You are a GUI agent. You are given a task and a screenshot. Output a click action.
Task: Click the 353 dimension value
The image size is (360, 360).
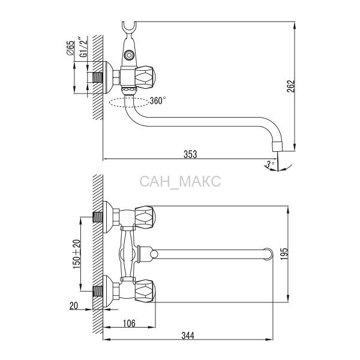[190, 154]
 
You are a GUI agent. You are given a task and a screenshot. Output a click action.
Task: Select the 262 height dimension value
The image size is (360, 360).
[291, 86]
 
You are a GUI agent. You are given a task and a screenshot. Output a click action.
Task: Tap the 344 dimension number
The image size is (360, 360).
[188, 335]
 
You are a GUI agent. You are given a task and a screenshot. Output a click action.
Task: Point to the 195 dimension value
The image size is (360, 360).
[284, 254]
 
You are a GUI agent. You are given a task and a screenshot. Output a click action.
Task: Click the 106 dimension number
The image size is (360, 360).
[129, 323]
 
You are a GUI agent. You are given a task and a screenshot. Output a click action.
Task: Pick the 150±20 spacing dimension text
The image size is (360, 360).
[77, 254]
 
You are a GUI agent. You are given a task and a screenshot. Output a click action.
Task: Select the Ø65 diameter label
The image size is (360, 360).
[71, 48]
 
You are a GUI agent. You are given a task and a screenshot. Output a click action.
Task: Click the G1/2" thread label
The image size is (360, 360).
[84, 47]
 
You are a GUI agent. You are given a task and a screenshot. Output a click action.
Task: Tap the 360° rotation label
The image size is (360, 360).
[158, 101]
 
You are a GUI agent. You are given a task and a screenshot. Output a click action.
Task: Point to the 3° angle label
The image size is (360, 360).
[270, 164]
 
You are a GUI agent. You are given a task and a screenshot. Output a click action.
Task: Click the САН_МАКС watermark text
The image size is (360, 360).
[180, 181]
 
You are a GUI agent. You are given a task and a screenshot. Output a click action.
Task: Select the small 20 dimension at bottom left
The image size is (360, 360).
[74, 305]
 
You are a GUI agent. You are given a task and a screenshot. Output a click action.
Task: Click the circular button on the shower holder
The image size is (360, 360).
[128, 55]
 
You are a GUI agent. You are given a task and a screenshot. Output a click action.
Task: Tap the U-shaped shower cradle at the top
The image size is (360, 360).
[129, 28]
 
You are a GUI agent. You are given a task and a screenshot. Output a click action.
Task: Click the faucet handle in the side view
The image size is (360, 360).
[145, 77]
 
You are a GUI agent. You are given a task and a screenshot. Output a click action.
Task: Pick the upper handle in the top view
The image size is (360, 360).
[145, 217]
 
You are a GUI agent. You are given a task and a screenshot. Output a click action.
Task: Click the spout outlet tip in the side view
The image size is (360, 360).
[277, 146]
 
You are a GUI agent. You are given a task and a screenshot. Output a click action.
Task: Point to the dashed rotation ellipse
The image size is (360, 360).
[129, 103]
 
